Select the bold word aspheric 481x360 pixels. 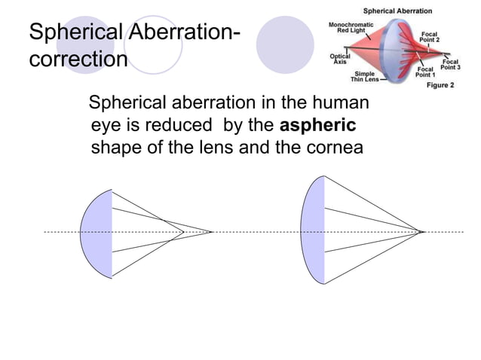tap(317, 124)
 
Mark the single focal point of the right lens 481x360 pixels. tap(421, 231)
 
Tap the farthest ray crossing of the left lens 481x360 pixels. tap(211, 232)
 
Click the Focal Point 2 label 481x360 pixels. tap(430, 37)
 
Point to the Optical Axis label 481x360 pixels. tap(340, 59)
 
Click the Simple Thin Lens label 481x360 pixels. tap(369, 76)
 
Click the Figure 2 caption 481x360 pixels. tap(441, 86)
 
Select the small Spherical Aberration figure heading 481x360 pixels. tap(398, 11)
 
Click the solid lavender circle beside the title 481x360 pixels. tap(284, 44)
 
